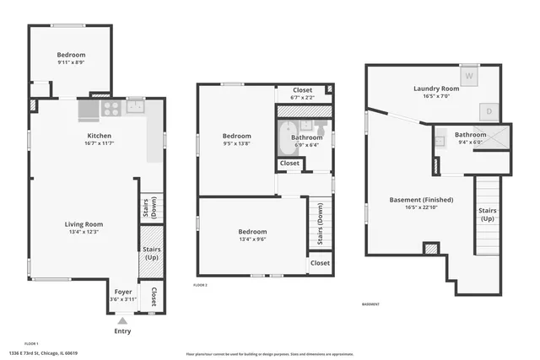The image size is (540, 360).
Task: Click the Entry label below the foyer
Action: pyautogui.click(x=122, y=330)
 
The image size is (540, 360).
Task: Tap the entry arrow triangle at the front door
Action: pyautogui.click(x=122, y=320)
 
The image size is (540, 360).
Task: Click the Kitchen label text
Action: pyautogui.click(x=100, y=136)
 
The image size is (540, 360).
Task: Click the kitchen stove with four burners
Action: pyautogui.click(x=111, y=108)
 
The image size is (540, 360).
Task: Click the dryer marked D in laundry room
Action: pyautogui.click(x=489, y=110)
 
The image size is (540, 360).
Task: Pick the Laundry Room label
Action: pyautogui.click(x=435, y=89)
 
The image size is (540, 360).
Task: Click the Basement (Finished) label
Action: pyautogui.click(x=421, y=200)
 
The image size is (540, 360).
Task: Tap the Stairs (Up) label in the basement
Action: pyautogui.click(x=488, y=214)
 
